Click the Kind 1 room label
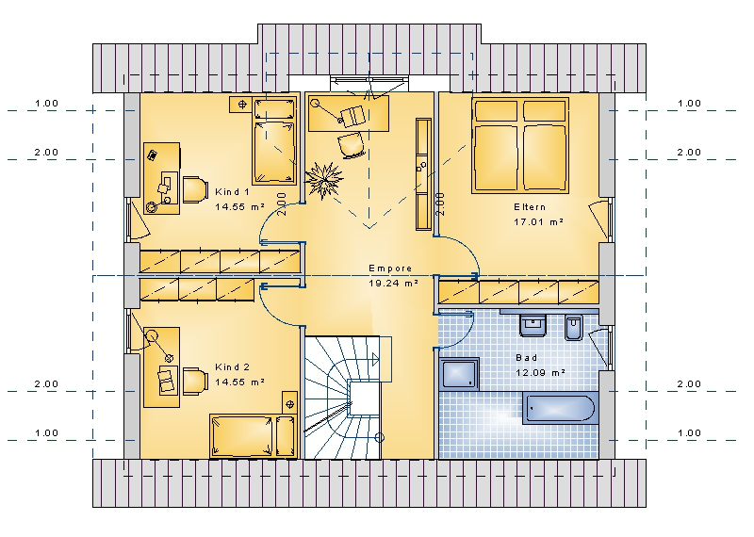click(x=232, y=192)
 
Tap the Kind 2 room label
click(x=232, y=367)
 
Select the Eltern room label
click(x=530, y=207)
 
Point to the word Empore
click(x=390, y=268)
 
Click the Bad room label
click(x=527, y=358)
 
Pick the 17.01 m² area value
click(x=538, y=222)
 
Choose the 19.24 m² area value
click(x=393, y=284)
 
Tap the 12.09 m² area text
click(x=540, y=372)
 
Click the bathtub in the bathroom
click(x=560, y=409)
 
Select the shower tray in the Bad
click(x=459, y=374)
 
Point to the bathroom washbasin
click(x=533, y=325)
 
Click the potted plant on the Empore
click(x=324, y=179)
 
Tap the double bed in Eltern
click(x=520, y=146)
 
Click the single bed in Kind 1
click(x=274, y=141)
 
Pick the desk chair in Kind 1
click(x=195, y=189)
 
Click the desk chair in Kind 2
click(x=195, y=382)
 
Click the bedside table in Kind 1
click(x=242, y=104)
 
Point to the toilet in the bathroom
click(x=573, y=328)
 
